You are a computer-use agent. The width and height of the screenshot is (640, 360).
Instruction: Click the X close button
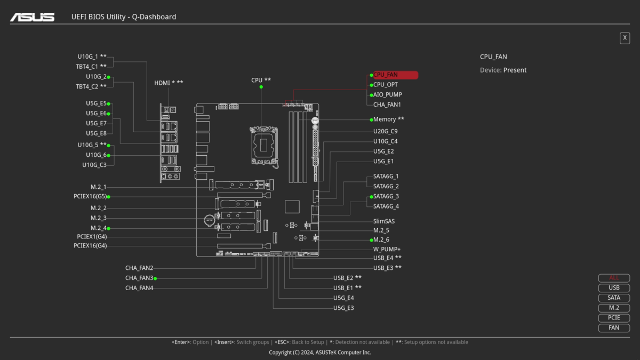coord(625,38)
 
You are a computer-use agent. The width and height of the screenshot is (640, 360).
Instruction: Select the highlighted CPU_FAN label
coord(394,75)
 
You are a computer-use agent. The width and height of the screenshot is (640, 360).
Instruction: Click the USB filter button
coord(614,288)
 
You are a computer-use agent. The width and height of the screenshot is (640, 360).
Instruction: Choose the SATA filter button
coord(614,298)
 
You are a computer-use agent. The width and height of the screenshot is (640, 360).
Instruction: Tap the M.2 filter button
coord(614,308)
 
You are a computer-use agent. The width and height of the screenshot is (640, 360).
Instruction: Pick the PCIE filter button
coord(614,318)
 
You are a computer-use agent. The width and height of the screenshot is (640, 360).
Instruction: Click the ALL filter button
coord(614,278)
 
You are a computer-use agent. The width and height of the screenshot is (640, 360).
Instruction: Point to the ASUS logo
coord(33,17)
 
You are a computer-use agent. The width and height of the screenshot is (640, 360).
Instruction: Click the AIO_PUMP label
coord(388,95)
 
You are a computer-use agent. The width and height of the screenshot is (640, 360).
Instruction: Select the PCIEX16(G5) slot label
coord(90,197)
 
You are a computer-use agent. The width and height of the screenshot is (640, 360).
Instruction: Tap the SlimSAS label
coord(384,221)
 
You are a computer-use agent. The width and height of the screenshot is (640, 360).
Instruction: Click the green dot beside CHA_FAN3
coord(155,278)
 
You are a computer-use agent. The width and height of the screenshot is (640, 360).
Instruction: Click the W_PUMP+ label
coord(387,249)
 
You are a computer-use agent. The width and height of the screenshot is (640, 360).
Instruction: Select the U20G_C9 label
coord(385,131)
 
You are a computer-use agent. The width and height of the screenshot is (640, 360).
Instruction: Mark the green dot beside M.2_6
coord(371,240)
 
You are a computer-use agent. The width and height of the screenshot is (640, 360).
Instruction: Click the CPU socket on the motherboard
coord(264,143)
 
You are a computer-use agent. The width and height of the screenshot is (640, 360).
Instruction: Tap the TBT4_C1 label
coord(87,67)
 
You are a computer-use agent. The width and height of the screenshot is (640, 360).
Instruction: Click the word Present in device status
coord(515,70)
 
